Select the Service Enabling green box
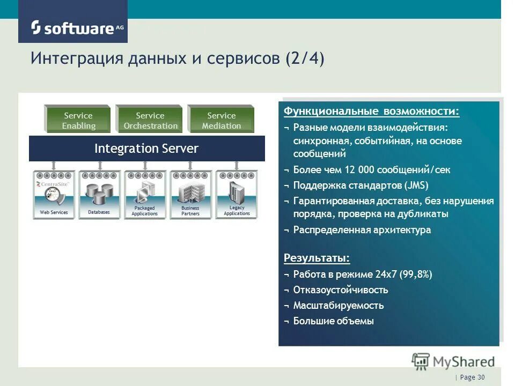coord(78,120)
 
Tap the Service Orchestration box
coord(150,120)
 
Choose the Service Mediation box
coord(221,120)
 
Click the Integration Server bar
coord(146,149)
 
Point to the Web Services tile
coord(54,195)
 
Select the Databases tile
coord(99,195)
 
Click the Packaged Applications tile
coord(145,195)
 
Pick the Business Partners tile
coord(190,195)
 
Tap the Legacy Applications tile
coord(237,195)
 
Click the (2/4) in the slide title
coord(305,58)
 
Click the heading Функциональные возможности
coord(371,111)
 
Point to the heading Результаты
coord(317,258)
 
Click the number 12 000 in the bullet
coord(358,170)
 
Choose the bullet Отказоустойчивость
coord(341,290)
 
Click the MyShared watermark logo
coord(453,361)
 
